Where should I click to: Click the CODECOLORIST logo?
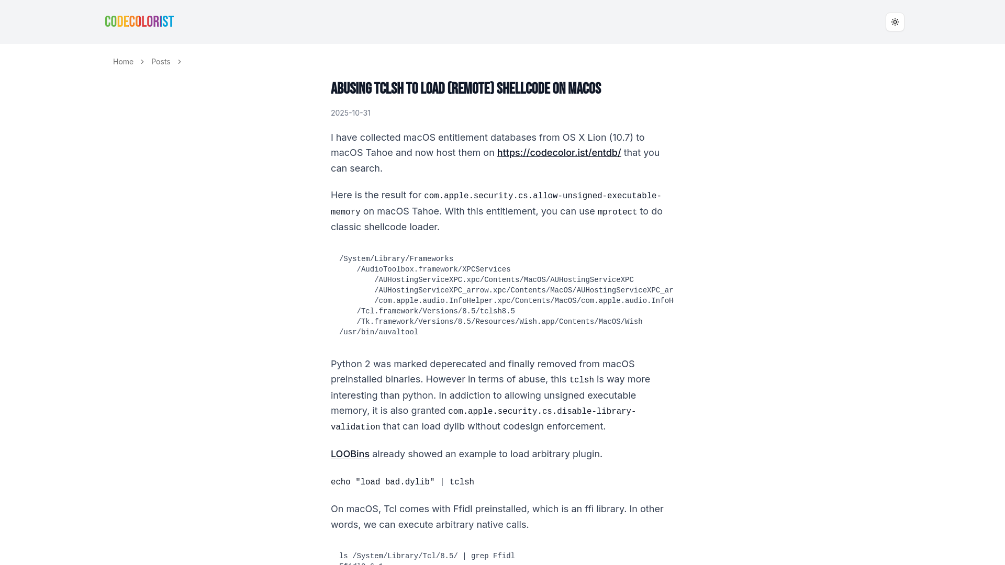click(x=139, y=21)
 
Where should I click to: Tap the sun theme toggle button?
click(x=895, y=22)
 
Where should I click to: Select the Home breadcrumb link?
click(x=123, y=62)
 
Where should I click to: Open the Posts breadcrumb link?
click(x=161, y=62)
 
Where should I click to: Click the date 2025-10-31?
click(x=350, y=113)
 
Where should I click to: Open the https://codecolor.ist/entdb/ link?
click(x=559, y=153)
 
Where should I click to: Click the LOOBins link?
click(x=350, y=454)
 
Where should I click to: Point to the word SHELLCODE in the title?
click(x=523, y=89)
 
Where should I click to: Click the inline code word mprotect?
click(x=617, y=212)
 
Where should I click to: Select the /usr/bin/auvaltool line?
click(x=378, y=332)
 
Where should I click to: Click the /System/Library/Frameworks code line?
click(x=396, y=259)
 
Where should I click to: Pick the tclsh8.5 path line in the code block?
click(x=435, y=311)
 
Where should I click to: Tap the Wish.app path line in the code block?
click(x=499, y=322)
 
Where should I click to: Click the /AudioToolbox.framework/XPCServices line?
click(x=433, y=269)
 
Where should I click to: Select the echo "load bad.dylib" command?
click(x=402, y=482)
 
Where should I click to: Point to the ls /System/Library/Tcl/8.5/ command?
click(x=427, y=556)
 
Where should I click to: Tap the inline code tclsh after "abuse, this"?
click(x=581, y=380)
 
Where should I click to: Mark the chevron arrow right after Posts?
click(x=180, y=62)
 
